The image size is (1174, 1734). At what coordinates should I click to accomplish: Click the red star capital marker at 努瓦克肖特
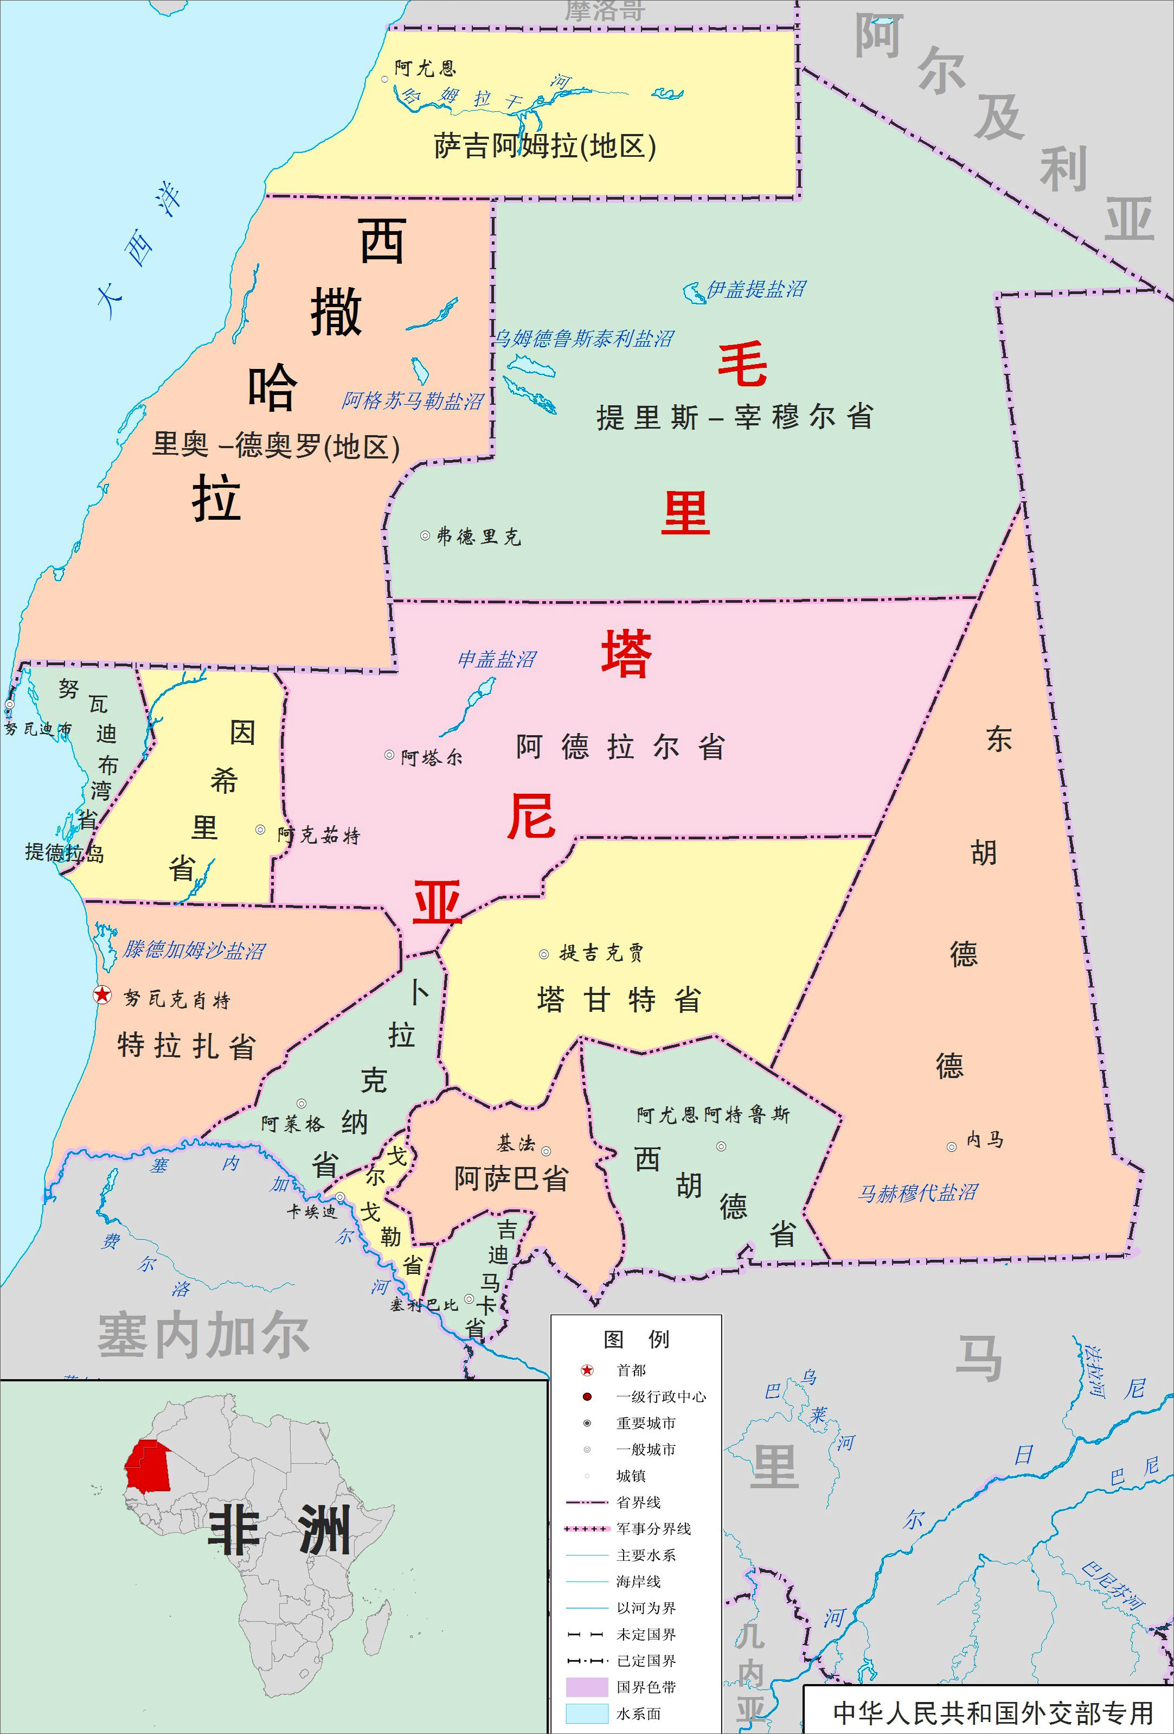pos(102,994)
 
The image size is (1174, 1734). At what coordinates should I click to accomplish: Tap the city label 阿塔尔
pos(431,758)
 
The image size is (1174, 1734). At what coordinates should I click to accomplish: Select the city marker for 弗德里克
pos(425,535)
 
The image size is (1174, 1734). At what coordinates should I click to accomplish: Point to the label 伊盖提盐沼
pos(755,290)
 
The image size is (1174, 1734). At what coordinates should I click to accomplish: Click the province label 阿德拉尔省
pos(620,747)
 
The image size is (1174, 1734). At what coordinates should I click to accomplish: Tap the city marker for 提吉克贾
pos(544,954)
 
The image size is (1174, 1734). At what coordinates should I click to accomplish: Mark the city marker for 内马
pos(952,1147)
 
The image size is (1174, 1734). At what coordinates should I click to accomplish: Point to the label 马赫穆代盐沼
pos(918,1193)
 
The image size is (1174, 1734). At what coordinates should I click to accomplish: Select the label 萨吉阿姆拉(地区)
pos(545,146)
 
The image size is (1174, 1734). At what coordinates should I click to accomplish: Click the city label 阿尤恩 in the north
pos(425,69)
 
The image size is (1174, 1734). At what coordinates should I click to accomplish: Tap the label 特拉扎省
pos(187,1046)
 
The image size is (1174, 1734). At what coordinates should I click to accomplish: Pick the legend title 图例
pos(636,1340)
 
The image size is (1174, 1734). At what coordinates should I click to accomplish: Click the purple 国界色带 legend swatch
pos(587,1687)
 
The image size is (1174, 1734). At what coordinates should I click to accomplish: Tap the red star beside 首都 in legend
pos(587,1370)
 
